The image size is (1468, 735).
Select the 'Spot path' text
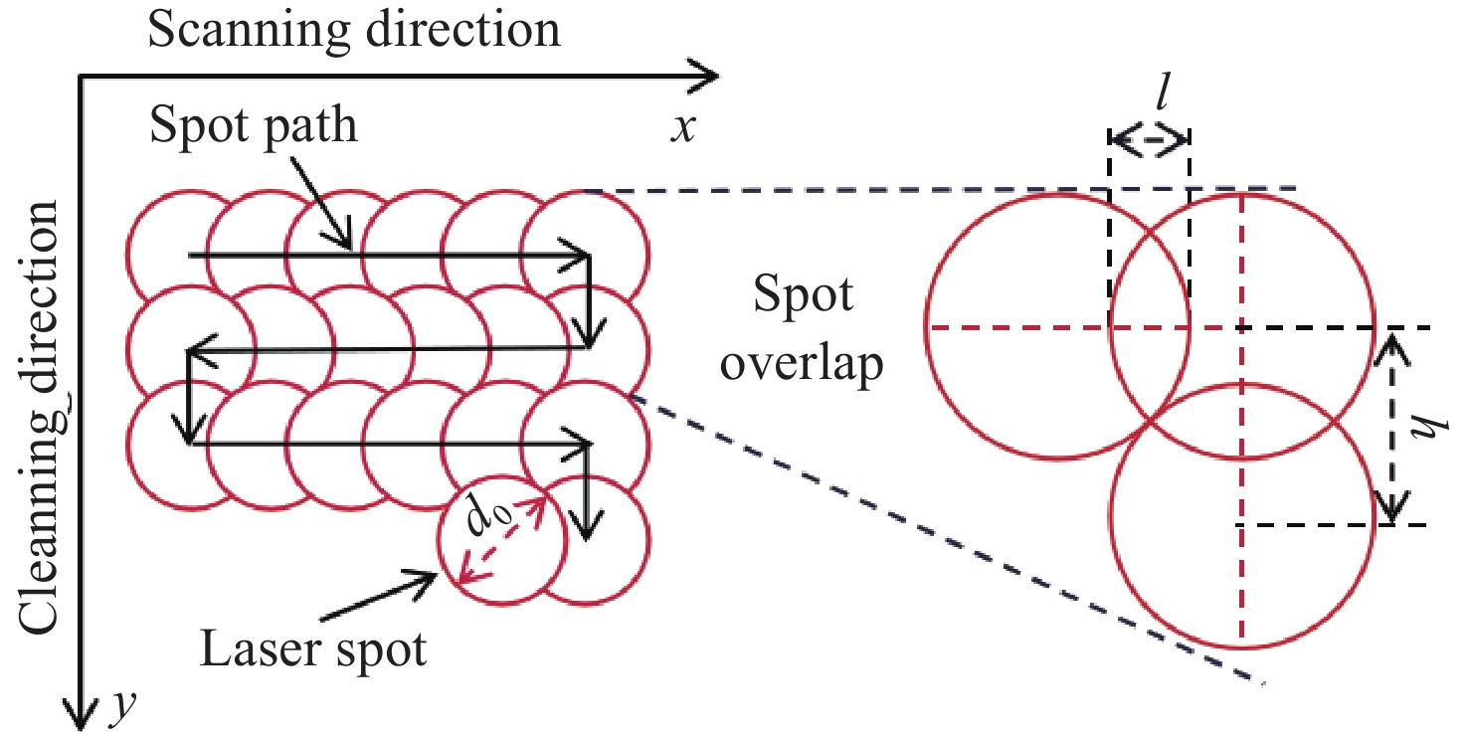pyautogui.click(x=253, y=126)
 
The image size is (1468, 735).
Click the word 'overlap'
pyautogui.click(x=802, y=366)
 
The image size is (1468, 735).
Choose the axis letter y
pyautogui.click(x=122, y=706)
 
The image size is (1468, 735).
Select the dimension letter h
pyautogui.click(x=1431, y=429)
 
